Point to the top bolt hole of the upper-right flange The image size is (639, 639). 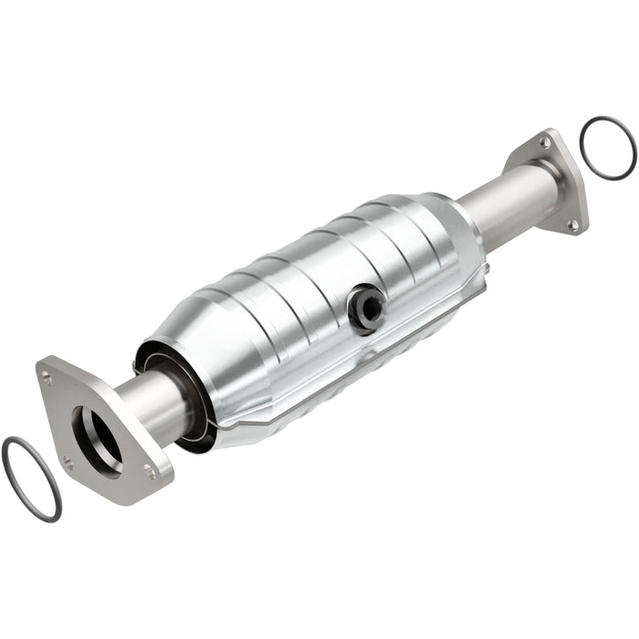click(x=545, y=143)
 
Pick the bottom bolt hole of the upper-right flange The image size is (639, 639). click(x=572, y=224)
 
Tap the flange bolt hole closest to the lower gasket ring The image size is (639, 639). click(x=68, y=463)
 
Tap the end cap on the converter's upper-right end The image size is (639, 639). click(x=461, y=233)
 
